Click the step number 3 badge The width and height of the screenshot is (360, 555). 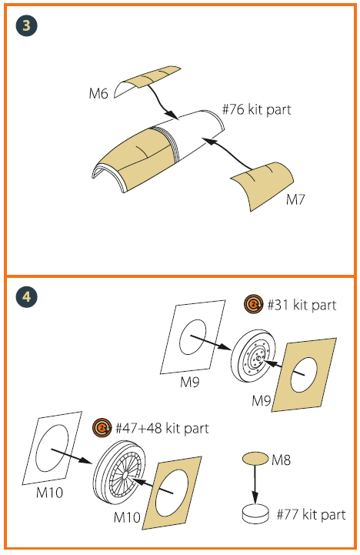pyautogui.click(x=26, y=26)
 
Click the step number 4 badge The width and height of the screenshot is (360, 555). pyautogui.click(x=26, y=296)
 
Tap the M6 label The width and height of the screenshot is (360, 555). pyautogui.click(x=98, y=94)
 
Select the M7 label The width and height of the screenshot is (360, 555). pyautogui.click(x=295, y=200)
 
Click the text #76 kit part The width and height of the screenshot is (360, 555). pyautogui.click(x=256, y=109)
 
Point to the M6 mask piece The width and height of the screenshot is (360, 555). pyautogui.click(x=147, y=82)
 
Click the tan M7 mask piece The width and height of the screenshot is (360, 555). pyautogui.click(x=262, y=186)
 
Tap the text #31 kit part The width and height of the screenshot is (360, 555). pyautogui.click(x=302, y=305)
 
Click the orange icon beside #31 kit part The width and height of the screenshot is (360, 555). pyautogui.click(x=253, y=304)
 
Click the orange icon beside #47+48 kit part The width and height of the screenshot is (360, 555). pyautogui.click(x=102, y=427)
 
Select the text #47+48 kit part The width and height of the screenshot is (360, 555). pyautogui.click(x=162, y=428)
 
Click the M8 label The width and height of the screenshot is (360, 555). pyautogui.click(x=281, y=460)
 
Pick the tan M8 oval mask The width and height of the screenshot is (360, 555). pyautogui.click(x=255, y=459)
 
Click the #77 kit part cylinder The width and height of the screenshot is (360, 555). pyautogui.click(x=255, y=514)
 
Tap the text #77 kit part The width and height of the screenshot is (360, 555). pyautogui.click(x=312, y=514)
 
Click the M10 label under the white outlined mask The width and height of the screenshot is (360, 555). pyautogui.click(x=49, y=493)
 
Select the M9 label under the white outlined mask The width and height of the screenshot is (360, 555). pyautogui.click(x=190, y=383)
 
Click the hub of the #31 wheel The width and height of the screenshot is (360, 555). pyautogui.click(x=258, y=359)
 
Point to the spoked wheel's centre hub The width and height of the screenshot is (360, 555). pyautogui.click(x=126, y=474)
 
